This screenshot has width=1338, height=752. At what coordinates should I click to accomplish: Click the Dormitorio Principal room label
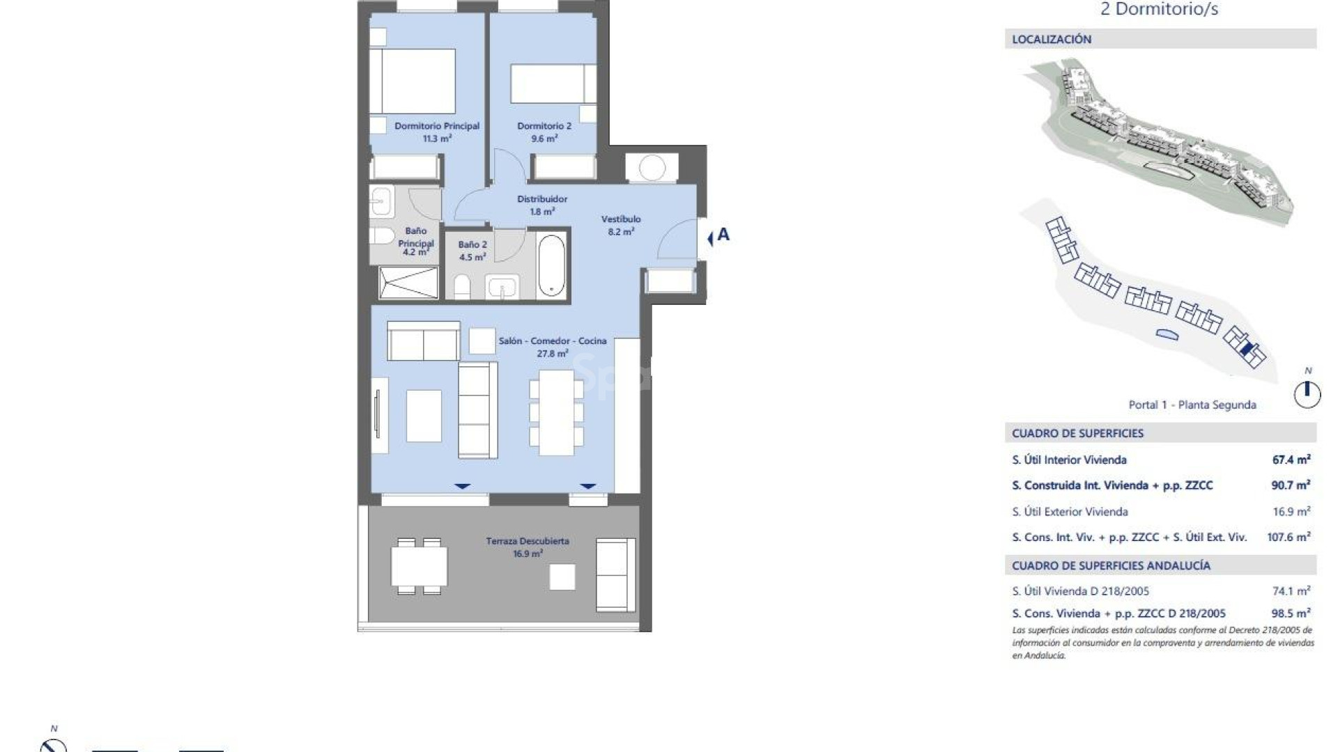[x=437, y=132]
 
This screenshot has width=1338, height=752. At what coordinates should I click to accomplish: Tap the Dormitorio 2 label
[x=544, y=132]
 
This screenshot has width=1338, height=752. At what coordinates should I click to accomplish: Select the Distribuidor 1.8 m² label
[x=542, y=205]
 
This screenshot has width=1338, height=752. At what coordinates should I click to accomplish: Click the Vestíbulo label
[x=621, y=225]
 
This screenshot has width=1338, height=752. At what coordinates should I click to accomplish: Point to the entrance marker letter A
[x=723, y=235]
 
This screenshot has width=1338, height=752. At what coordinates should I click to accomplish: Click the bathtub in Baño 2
[x=551, y=265]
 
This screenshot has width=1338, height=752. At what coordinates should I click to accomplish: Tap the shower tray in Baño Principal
[x=408, y=283]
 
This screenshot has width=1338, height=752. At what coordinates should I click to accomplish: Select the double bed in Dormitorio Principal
[x=412, y=81]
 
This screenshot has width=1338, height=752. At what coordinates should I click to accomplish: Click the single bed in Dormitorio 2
[x=553, y=84]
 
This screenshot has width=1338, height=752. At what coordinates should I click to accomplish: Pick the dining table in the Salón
[x=556, y=412]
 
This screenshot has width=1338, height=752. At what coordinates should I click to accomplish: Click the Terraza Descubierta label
[x=528, y=547]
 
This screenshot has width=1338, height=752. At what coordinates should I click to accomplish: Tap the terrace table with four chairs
[x=419, y=566]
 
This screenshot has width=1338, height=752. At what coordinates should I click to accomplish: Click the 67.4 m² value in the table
[x=1291, y=460]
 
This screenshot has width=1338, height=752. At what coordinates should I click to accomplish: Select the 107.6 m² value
[x=1289, y=537]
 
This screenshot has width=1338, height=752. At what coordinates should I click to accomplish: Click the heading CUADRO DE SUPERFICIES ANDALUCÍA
[x=1111, y=565]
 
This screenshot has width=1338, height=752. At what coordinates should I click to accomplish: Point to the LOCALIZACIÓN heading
[x=1052, y=40]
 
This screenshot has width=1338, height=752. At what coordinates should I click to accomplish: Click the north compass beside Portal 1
[x=1307, y=394]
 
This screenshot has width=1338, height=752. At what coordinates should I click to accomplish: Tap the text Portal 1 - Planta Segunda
[x=1192, y=405]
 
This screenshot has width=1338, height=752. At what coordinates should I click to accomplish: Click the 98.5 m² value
[x=1291, y=613]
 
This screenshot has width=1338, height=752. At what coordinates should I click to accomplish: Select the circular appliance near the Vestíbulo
[x=652, y=168]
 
